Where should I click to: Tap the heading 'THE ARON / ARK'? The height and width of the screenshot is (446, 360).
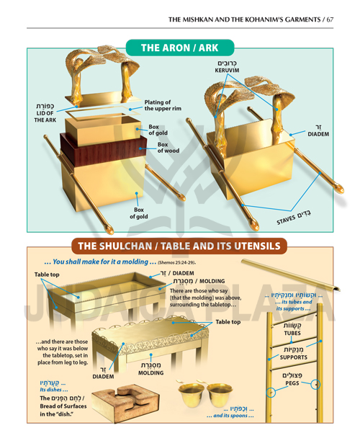pos(179,48)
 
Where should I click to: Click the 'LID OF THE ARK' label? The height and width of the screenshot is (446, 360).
pos(45,115)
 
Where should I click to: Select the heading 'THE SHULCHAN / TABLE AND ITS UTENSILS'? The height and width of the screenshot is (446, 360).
pos(179,246)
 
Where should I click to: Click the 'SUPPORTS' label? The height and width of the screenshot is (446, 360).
pos(293,357)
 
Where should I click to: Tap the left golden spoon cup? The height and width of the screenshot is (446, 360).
pos(193,392)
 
